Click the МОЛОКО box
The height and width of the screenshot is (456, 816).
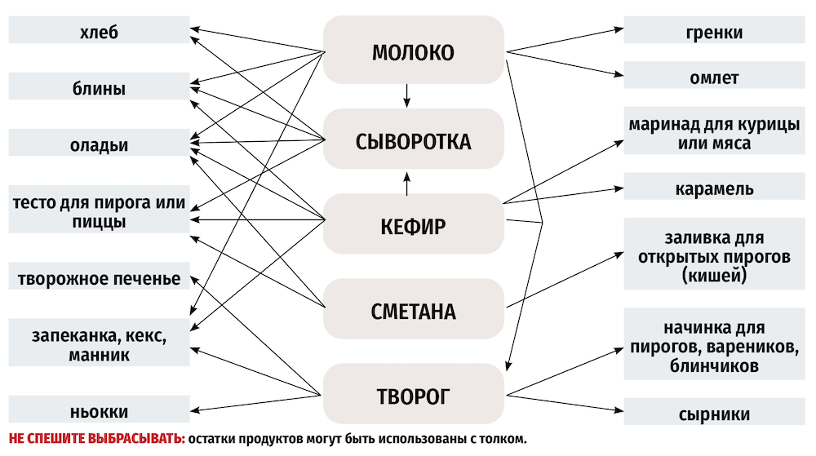pos(413,54)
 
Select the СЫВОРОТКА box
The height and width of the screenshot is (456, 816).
pos(413,141)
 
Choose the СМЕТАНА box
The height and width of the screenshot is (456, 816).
pos(413,311)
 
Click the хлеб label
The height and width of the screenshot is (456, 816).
pos(98,33)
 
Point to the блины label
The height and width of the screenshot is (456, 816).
pos(98,88)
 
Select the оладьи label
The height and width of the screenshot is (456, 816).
pos(98,144)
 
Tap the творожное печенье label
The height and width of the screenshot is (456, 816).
pos(98,278)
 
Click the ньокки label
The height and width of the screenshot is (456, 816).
pos(98,411)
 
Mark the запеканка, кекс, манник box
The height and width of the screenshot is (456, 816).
pos(98,345)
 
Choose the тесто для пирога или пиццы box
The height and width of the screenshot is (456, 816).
pos(98,211)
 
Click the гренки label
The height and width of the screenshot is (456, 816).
pos(714,33)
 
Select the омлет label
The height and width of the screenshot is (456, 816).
pos(714,77)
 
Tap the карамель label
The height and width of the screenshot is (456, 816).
pos(714,188)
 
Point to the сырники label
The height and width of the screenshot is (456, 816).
pos(714,414)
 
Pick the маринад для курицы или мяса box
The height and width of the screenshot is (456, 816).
pos(714,134)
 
